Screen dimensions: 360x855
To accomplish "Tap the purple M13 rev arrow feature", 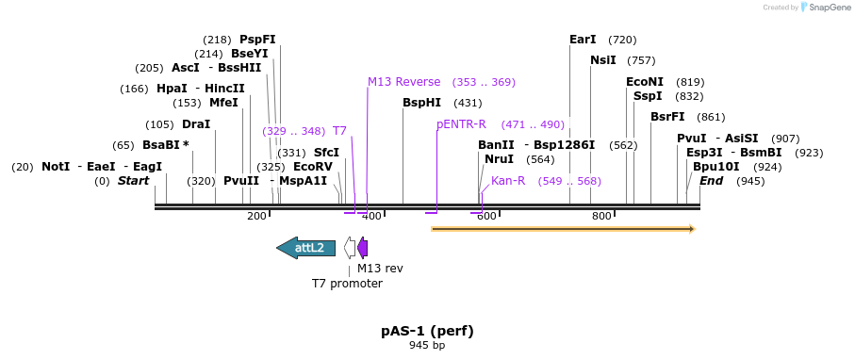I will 363,248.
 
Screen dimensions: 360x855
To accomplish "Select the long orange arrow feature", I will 563,228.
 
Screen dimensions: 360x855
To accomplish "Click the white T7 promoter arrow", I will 350,248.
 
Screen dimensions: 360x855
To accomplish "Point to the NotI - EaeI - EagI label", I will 102,167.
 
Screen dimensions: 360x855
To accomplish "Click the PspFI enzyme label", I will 257,40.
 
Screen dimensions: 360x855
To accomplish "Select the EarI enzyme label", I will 583,40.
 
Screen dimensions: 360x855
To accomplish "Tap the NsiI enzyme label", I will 603,60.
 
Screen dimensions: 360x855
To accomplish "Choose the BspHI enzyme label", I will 421,103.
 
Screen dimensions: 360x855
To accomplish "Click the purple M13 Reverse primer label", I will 404,82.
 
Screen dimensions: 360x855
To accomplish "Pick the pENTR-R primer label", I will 461,124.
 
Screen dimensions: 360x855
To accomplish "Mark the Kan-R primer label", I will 508,181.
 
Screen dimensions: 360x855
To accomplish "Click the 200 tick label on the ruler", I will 256,216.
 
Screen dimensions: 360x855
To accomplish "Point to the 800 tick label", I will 601,216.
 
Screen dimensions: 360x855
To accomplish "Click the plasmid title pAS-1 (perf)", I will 427,331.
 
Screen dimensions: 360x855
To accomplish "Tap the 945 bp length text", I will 427,346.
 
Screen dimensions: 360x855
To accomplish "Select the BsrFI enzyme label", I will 667,117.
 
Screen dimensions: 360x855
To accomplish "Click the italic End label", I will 711,181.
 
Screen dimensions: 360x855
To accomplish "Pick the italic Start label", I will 133,181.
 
